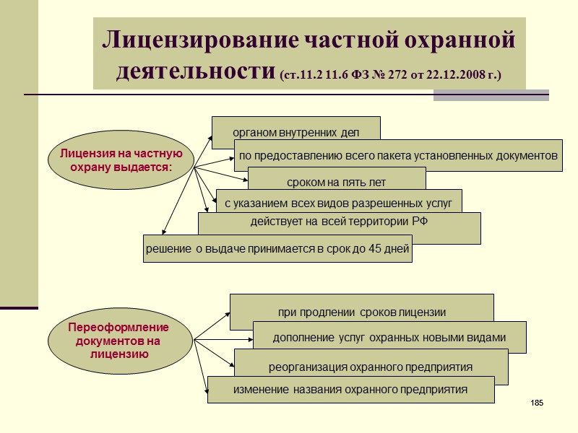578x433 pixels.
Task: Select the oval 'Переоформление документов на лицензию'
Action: tap(119, 340)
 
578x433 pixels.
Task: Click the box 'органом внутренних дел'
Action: tap(296, 132)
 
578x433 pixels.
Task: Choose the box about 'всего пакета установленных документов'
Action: tap(398, 155)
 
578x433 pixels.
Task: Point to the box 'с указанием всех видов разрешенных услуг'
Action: tap(338, 203)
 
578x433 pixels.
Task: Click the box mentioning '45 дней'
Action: tap(277, 249)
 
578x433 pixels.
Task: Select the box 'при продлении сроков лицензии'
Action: tap(361, 312)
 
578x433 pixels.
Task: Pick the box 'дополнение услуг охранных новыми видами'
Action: tap(389, 337)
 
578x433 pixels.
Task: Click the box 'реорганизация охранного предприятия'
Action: tap(371, 367)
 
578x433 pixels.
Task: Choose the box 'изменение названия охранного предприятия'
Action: tap(350, 390)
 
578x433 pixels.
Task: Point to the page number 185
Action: tap(536, 402)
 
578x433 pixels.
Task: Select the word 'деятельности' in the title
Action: tap(194, 71)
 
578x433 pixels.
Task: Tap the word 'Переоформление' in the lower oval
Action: tap(118, 328)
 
